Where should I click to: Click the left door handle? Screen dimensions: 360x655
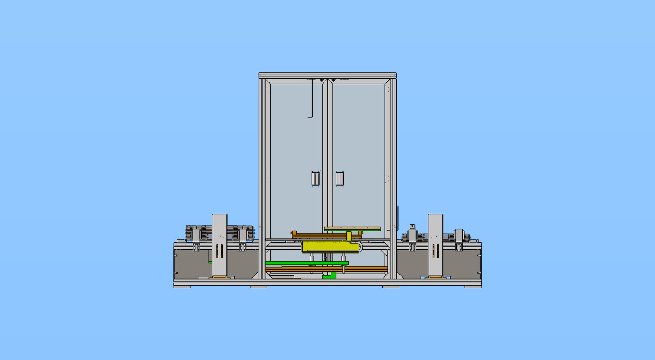316,179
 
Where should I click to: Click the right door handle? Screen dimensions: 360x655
339,179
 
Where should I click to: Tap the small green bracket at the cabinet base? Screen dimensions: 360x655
329,276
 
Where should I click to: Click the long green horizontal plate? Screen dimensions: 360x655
306,263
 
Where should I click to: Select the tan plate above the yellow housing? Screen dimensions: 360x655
352,228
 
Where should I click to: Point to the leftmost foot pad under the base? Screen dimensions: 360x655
182,287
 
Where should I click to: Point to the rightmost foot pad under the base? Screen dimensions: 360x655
473,287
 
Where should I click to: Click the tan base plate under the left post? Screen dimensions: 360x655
220,277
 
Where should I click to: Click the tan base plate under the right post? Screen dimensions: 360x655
436,277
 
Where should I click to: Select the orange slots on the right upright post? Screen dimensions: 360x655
436,252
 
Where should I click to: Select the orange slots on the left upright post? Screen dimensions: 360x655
220,252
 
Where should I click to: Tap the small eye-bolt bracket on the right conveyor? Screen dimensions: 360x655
412,226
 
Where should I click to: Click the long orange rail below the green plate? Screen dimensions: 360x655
326,269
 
